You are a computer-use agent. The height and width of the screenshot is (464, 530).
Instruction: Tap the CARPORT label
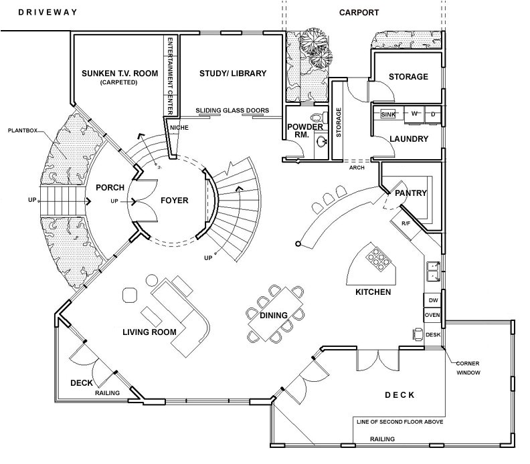pyautogui.click(x=359, y=13)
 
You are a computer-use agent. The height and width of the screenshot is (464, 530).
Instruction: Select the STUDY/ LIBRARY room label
pyautogui.click(x=233, y=74)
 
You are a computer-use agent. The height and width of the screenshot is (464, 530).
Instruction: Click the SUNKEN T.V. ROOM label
pyautogui.click(x=118, y=74)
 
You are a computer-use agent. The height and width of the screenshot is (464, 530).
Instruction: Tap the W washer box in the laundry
pyautogui.click(x=414, y=114)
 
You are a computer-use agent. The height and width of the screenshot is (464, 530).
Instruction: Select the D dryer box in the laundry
pyautogui.click(x=433, y=114)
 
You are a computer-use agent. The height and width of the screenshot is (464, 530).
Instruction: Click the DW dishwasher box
pyautogui.click(x=432, y=301)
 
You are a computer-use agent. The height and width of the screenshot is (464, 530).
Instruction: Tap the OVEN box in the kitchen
pyautogui.click(x=432, y=316)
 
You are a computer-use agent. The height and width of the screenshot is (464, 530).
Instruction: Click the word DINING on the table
pyautogui.click(x=274, y=316)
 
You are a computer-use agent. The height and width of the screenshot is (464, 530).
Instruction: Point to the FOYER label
pyautogui.click(x=174, y=201)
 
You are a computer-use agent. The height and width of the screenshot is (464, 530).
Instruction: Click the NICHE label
pyautogui.click(x=179, y=128)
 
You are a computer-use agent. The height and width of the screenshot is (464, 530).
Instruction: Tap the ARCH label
pyautogui.click(x=357, y=168)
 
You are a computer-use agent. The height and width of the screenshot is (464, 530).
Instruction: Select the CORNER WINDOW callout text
pyautogui.click(x=468, y=366)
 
